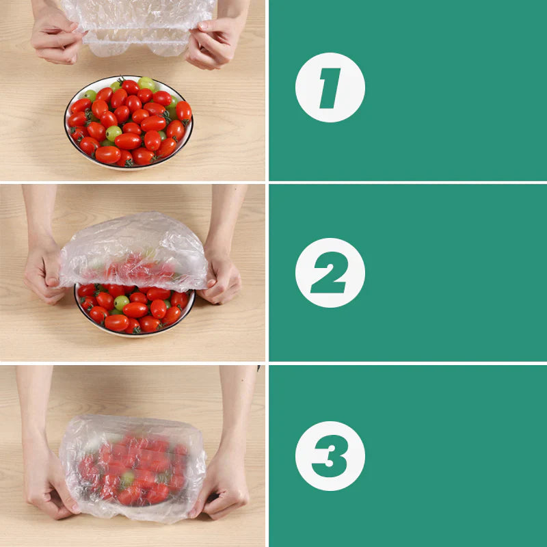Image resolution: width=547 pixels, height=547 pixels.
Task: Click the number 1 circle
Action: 330,88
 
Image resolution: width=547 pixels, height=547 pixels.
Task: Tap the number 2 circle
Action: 330,272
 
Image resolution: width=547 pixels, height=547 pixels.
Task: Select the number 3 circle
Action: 330,455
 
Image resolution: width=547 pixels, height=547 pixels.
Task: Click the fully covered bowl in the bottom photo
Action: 133,468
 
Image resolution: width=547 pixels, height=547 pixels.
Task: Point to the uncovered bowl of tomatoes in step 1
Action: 129,123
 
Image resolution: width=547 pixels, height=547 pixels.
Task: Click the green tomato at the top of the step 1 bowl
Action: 146,83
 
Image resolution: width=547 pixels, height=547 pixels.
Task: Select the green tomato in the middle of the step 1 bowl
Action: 114,133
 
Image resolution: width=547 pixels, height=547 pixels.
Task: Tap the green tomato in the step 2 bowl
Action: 122,302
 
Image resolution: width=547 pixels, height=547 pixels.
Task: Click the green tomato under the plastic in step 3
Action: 127,479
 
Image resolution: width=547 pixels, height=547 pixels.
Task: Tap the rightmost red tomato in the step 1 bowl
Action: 184,111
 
